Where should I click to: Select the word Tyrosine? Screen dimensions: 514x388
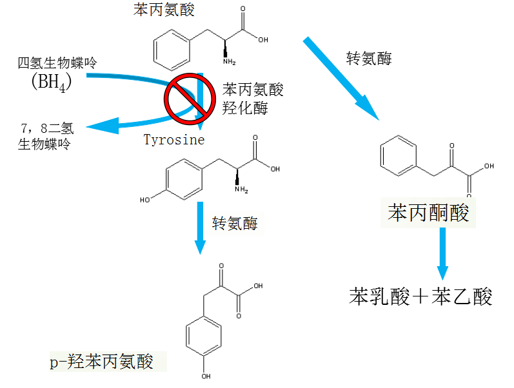pyautogui.click(x=173, y=140)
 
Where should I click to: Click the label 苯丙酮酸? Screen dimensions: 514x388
pyautogui.click(x=428, y=213)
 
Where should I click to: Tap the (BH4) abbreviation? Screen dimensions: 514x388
pyautogui.click(x=51, y=82)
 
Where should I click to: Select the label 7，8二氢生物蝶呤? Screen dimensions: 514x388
pyautogui.click(x=43, y=135)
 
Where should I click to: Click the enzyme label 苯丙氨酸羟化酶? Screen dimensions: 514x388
pyautogui.click(x=253, y=98)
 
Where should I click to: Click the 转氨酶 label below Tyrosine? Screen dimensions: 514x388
pyautogui.click(x=235, y=224)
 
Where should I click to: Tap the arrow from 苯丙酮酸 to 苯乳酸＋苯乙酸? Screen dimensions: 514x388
pyautogui.click(x=442, y=251)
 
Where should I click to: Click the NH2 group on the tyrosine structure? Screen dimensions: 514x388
pyautogui.click(x=241, y=189)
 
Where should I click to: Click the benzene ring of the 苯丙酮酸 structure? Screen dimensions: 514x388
pyautogui.click(x=399, y=158)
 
